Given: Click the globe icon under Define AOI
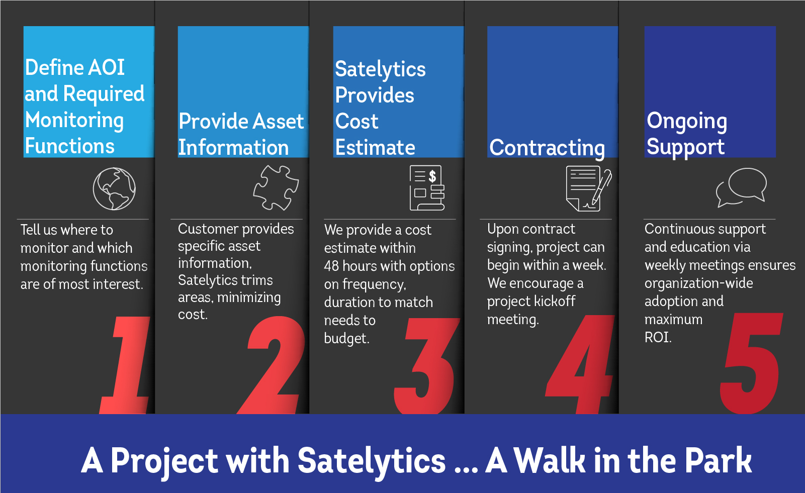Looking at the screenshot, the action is click(x=114, y=188).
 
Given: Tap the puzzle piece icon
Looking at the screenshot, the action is click(x=276, y=187).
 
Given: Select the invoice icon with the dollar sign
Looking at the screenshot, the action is click(x=427, y=187).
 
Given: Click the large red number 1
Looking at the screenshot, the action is click(x=126, y=365).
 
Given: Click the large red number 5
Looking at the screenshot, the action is click(x=751, y=363).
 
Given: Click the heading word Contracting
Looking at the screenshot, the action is click(x=547, y=148).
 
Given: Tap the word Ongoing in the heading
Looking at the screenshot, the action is click(x=687, y=121).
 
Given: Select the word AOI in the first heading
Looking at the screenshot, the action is click(x=107, y=67).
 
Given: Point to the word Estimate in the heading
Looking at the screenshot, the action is click(x=375, y=147).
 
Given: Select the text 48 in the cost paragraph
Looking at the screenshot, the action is click(x=331, y=266).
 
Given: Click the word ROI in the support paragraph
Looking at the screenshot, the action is click(x=658, y=338).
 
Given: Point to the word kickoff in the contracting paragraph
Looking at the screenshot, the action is click(x=554, y=301).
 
